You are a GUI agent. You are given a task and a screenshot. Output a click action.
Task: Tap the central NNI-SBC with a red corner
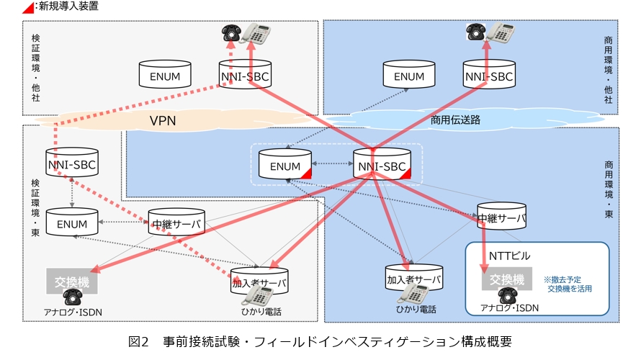[382, 166]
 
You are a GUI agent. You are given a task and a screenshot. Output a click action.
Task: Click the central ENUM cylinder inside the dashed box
[285, 166]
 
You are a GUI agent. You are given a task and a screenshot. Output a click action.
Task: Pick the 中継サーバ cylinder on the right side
[501, 217]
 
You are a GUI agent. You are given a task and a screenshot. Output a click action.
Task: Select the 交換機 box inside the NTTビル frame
[506, 279]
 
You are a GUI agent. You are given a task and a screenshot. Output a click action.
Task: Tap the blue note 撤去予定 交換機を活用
[569, 284]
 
